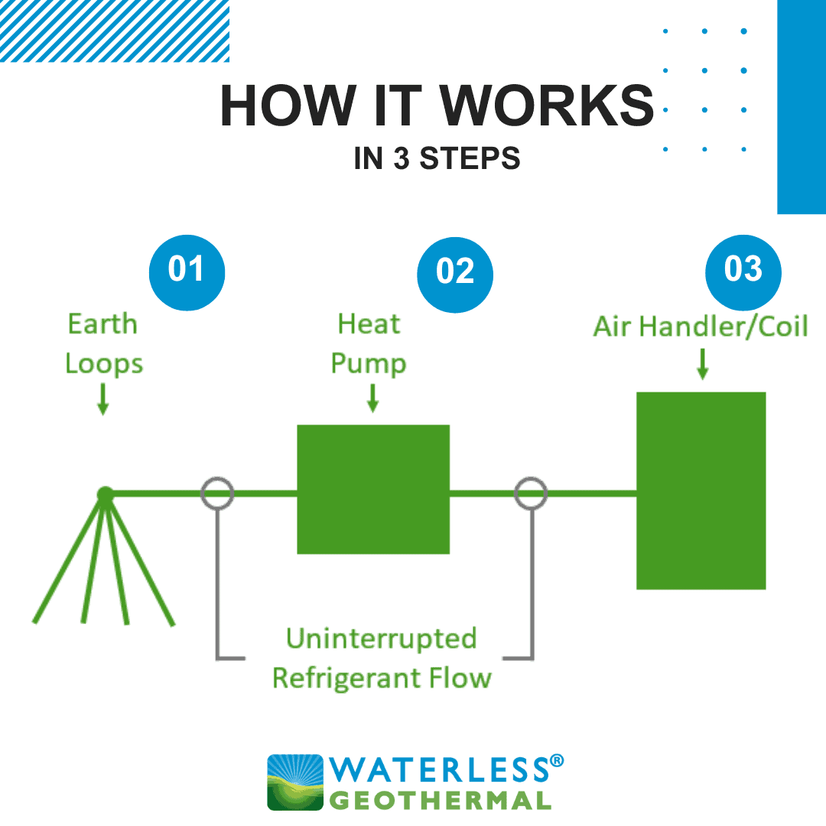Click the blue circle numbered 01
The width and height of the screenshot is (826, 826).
tap(187, 272)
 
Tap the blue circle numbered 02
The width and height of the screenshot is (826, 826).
tap(455, 275)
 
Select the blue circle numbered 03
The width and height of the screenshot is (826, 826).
tap(743, 272)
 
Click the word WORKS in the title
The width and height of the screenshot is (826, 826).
tap(547, 106)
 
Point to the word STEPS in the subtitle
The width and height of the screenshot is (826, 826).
tap(470, 158)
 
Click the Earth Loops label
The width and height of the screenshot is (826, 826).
tap(103, 343)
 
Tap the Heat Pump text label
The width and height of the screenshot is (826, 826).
tap(369, 343)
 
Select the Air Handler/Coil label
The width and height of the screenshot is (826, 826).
tap(701, 326)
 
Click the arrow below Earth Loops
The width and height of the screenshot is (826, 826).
tap(103, 398)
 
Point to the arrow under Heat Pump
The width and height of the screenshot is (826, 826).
tap(373, 398)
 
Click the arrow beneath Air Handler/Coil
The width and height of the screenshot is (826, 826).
tap(702, 364)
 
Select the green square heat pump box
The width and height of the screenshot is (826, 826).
tap(373, 489)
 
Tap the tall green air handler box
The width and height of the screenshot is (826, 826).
tap(701, 490)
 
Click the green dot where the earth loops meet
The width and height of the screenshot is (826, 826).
tap(106, 494)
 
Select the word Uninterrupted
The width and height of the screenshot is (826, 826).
tap(382, 639)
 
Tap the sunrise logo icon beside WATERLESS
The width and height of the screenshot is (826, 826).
tap(295, 782)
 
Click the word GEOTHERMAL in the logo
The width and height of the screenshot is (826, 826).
tap(441, 801)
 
